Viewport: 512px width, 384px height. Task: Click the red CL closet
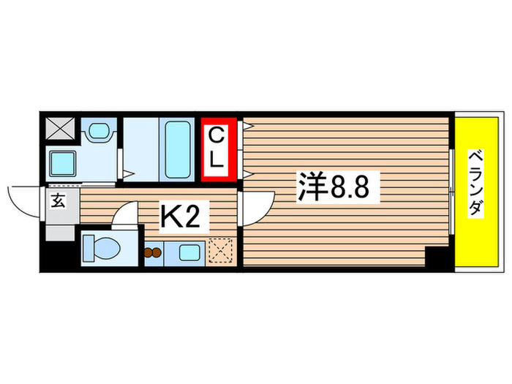pos(218,148)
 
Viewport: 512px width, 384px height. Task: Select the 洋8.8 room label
pos(337,187)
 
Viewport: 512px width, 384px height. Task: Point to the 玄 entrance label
pos(58,201)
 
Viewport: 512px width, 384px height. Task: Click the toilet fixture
pos(102,249)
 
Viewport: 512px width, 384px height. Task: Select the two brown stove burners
pos(154,254)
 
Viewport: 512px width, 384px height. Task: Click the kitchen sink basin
pos(187,254)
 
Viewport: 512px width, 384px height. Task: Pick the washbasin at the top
pos(97,131)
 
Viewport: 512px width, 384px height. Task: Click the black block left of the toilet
pos(59,257)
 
